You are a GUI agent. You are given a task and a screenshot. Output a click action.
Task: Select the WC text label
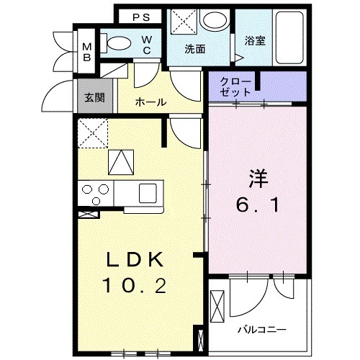tap(146, 45)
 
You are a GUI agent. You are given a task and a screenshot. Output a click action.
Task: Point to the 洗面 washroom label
tap(194, 50)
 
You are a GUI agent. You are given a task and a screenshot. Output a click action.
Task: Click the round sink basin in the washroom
tap(213, 21)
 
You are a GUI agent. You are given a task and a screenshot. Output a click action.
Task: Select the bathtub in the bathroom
tap(289, 37)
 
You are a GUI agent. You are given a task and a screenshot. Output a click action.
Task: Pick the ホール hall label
tap(151, 102)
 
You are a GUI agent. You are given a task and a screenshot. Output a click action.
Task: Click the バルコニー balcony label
tap(262, 330)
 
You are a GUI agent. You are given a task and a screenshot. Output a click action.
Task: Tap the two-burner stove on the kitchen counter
tap(95, 193)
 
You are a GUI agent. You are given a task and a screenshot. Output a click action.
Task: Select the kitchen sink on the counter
tap(148, 193)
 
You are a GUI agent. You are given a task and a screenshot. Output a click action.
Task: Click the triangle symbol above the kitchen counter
tap(120, 162)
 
